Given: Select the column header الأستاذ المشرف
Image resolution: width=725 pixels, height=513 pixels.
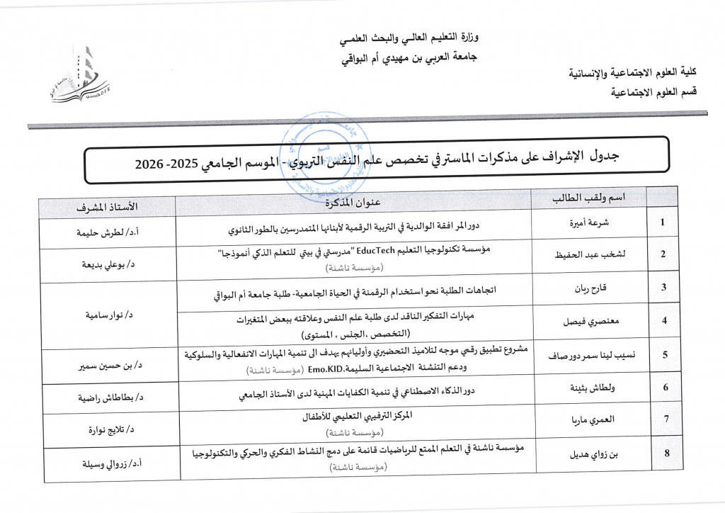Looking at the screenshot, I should pyautogui.click(x=108, y=206).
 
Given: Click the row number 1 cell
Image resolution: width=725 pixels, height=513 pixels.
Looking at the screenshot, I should pyautogui.click(x=663, y=222).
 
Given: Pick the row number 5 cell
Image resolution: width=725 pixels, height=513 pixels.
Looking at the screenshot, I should pyautogui.click(x=664, y=355).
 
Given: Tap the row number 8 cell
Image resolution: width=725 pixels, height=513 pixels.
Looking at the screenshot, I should pyautogui.click(x=664, y=453).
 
